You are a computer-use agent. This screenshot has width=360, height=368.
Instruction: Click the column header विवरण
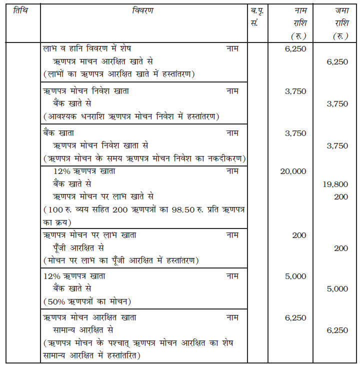143,11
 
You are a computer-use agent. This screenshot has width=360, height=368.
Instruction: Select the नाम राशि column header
298,23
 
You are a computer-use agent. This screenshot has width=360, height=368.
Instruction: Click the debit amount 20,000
293,171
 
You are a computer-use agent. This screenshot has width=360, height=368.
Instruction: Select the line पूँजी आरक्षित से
84,248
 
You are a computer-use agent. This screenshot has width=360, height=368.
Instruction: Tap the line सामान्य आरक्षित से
83,330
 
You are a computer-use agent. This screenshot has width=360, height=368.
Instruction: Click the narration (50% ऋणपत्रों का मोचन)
87,301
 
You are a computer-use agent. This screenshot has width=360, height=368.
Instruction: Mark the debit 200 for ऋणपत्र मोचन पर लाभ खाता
299,235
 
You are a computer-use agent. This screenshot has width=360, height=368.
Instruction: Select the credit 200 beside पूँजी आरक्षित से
341,248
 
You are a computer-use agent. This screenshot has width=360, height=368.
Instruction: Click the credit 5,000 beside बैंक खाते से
337,289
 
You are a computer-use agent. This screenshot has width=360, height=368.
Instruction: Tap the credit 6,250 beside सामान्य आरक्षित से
337,330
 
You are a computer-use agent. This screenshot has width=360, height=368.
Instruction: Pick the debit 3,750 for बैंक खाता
295,133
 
